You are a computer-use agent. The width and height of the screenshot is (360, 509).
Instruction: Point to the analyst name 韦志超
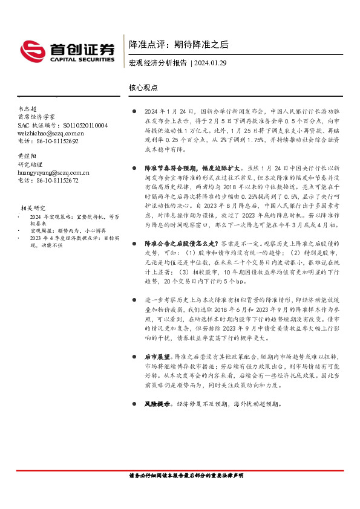28,107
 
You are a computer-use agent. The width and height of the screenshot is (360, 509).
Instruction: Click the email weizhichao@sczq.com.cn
51,133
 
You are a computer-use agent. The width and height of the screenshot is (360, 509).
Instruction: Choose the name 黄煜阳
28,156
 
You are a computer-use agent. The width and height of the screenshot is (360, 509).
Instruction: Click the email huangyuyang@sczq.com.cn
54,172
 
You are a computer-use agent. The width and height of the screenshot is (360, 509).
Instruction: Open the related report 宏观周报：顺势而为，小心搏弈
59,230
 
